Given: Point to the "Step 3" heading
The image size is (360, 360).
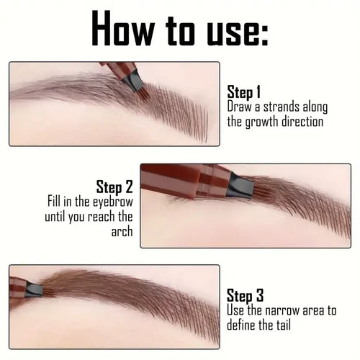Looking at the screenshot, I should click(246, 295).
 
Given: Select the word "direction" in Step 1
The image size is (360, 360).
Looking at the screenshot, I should click(306, 122).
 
